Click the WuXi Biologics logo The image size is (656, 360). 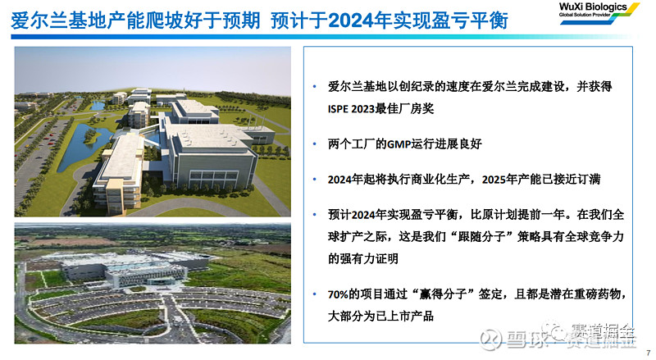(x=599, y=12)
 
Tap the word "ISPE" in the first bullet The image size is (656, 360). (x=338, y=109)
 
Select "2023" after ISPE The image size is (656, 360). (x=362, y=109)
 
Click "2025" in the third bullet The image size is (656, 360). (x=494, y=180)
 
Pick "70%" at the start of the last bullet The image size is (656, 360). (x=338, y=294)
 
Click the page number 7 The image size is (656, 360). (x=649, y=353)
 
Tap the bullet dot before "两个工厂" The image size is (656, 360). (x=315, y=144)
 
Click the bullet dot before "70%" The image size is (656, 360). (x=315, y=294)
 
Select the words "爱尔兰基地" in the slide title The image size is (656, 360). (x=57, y=21)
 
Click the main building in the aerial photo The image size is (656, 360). (x=134, y=268)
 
